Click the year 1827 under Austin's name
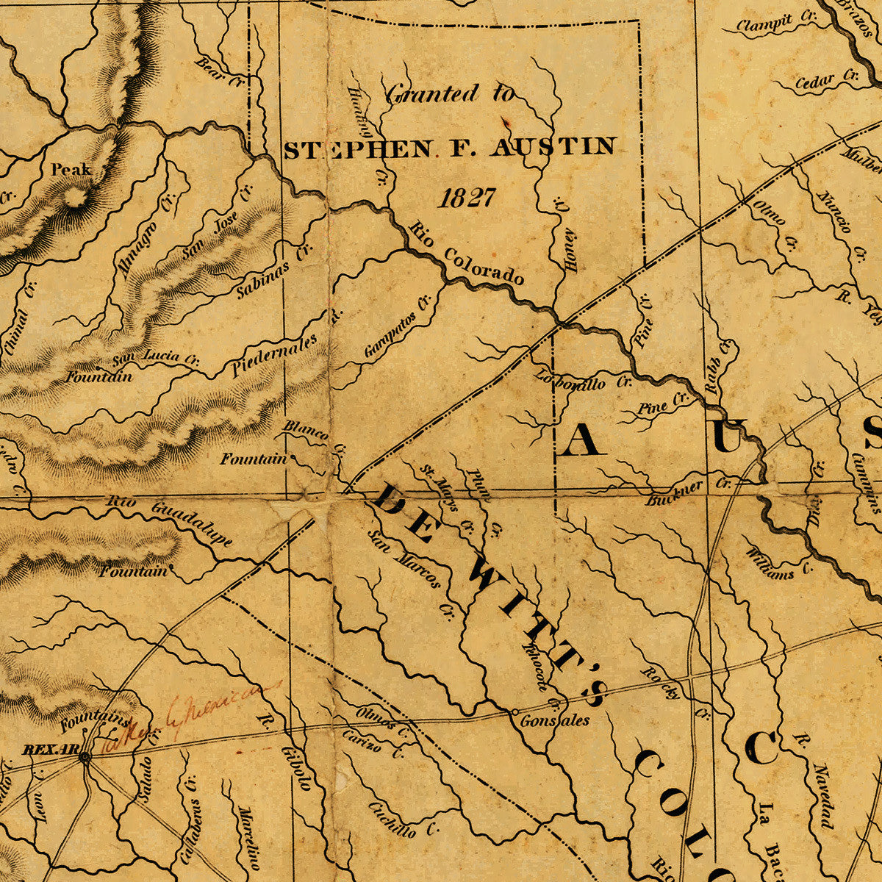(x=467, y=197)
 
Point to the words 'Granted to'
(x=450, y=93)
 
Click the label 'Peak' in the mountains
(x=71, y=170)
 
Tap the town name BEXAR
(x=50, y=749)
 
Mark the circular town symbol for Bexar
(x=85, y=756)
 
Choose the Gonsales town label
(x=554, y=720)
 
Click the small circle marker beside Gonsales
(x=514, y=711)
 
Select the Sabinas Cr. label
(x=274, y=270)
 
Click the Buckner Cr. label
(x=688, y=492)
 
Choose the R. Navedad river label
(x=816, y=779)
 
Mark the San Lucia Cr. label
(x=155, y=358)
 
